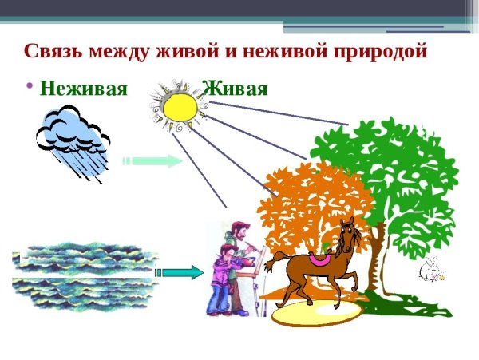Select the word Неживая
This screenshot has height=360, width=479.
[83, 88]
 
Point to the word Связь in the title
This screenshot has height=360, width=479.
[53, 51]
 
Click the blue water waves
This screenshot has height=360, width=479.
[84, 275]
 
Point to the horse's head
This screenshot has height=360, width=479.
[348, 232]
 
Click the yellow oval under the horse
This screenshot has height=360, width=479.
[316, 314]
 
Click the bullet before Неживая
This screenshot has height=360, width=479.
[30, 85]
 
